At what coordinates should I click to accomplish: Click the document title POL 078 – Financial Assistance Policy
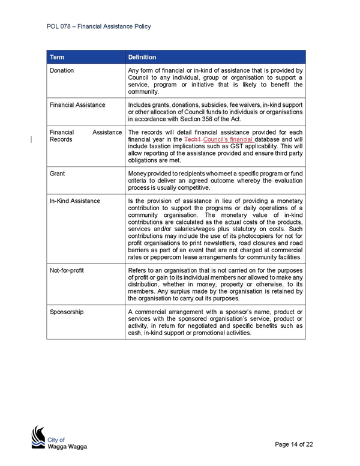coord(98,26)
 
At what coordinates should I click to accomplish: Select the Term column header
coord(57,57)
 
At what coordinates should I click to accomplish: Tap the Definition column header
coord(142,57)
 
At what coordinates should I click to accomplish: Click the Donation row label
coord(61,70)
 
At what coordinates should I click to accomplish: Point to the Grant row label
coord(57,174)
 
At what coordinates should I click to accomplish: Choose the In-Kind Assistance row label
coord(75,201)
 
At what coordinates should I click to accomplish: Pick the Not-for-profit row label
coord(67,270)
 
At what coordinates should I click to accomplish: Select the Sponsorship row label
coord(67,312)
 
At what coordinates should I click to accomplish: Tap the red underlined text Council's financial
coord(228,139)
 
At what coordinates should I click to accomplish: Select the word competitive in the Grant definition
coord(194,187)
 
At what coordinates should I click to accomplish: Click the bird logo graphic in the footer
coord(38,437)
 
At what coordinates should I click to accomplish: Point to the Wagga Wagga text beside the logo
coord(67,446)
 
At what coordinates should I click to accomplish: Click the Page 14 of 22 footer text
coord(294,444)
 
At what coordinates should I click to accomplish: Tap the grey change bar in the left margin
coord(31,139)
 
